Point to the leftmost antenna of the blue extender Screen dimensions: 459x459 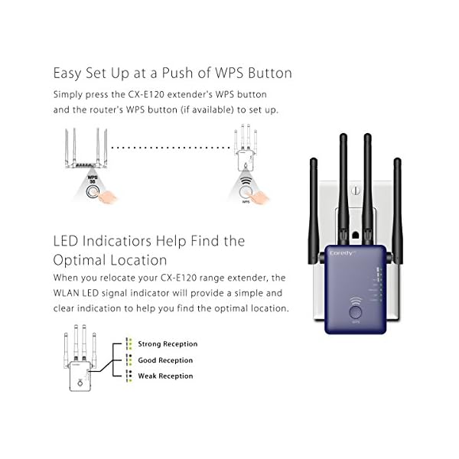pos(314,199)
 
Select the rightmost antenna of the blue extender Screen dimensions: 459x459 pos(397,199)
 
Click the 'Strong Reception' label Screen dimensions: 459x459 pos(168,344)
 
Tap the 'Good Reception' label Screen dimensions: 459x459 pos(165,360)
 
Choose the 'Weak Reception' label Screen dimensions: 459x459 pos(165,376)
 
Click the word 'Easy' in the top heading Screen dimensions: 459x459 pos(67,73)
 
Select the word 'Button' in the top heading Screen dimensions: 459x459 pos(269,73)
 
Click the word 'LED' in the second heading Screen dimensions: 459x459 pos(67,242)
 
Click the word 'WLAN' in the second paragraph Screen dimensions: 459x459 pos(70,293)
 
